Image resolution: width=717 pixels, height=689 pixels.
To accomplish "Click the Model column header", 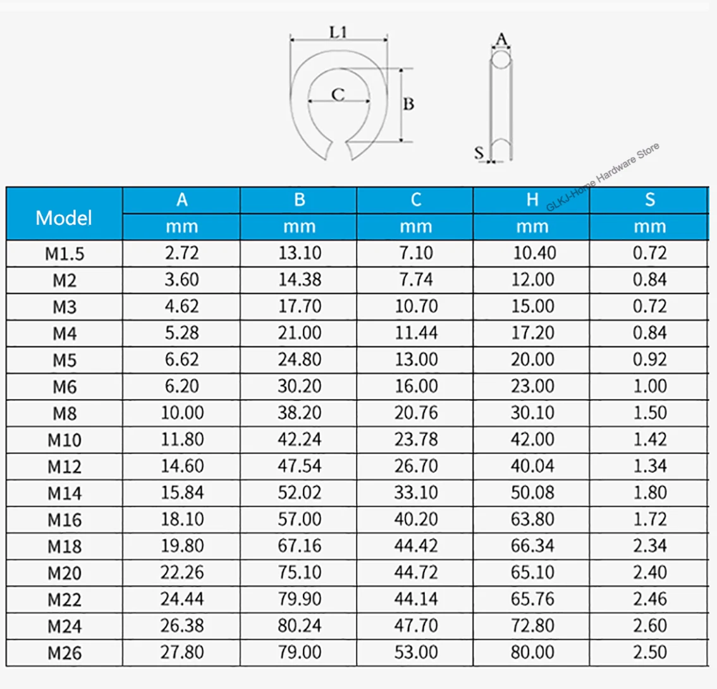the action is tap(64, 217).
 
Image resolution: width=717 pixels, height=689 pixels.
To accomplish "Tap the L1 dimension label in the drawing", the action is tap(338, 32).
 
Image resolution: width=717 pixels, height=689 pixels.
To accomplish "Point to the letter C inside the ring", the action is tap(338, 95).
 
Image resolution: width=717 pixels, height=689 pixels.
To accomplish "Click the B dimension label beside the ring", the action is tap(408, 104).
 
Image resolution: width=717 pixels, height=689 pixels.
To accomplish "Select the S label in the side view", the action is tap(479, 152).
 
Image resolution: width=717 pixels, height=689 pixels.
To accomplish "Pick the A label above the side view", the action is tap(501, 39).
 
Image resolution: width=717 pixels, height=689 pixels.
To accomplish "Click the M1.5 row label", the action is tap(64, 253).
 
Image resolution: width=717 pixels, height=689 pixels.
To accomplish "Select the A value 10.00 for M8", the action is tap(182, 413).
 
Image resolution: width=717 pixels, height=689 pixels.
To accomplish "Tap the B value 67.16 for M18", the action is tap(300, 546).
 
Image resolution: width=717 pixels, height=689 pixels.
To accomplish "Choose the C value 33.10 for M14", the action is tap(416, 492).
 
